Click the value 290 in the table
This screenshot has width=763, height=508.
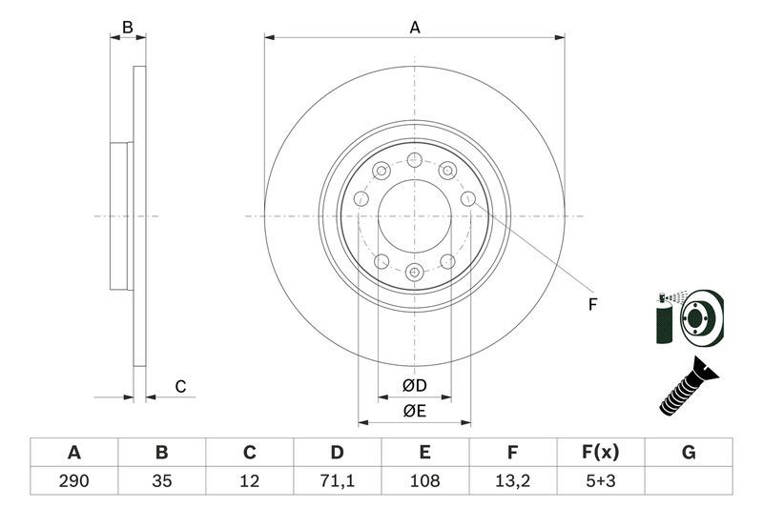73,481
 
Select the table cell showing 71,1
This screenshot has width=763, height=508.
337,481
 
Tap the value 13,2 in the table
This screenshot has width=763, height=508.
513,481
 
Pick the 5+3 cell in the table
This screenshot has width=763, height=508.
601,481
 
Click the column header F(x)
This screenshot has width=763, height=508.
601,452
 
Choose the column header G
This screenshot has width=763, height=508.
689,452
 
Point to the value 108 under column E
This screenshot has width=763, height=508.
424,481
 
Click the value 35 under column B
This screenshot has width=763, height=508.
161,481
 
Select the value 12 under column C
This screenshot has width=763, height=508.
249,481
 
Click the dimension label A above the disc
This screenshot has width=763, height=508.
415,28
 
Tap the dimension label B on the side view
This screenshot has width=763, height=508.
128,28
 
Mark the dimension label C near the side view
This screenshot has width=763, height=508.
179,386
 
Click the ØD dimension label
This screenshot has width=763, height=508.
414,386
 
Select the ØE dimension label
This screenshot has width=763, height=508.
414,412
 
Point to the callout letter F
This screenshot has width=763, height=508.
591,305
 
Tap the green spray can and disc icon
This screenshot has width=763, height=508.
689,316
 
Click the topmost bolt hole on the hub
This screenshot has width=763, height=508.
414,160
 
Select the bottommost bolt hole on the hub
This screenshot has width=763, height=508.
414,273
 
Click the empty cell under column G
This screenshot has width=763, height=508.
689,481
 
